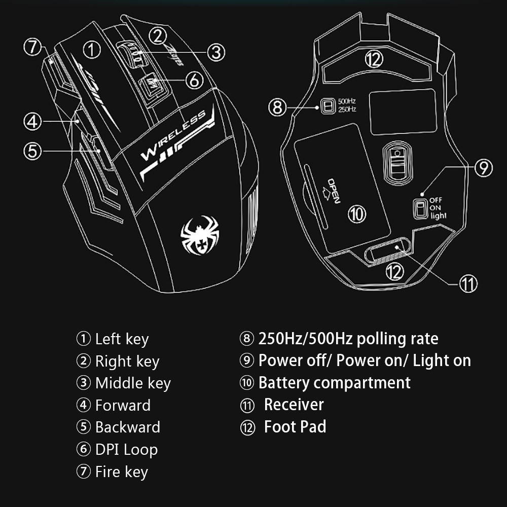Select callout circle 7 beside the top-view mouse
pos(32,47)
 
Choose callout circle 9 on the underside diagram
pos(483,167)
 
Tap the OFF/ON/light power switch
pos(419,208)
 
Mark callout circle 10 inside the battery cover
pos(356,213)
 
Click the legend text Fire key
pos(121,472)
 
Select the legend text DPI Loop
pos(126,449)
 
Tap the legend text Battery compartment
pos(334,382)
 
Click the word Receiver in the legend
pos(294,405)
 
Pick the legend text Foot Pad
pos(295,427)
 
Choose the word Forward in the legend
pos(123,405)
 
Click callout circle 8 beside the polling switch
pos(277,106)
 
